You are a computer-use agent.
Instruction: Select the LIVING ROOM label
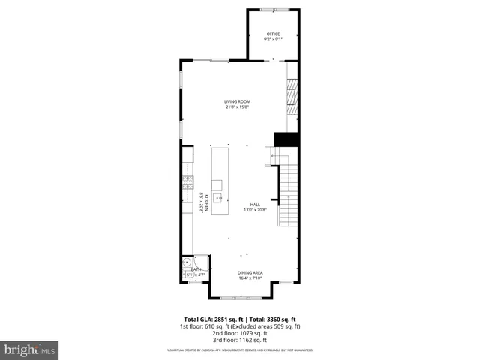point(237,101)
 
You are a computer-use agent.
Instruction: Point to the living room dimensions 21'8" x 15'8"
point(237,107)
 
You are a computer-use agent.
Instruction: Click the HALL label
point(255,205)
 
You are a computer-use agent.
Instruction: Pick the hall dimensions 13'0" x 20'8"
point(255,211)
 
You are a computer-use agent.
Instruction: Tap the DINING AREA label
point(250,272)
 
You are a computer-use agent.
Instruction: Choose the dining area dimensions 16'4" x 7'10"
point(250,278)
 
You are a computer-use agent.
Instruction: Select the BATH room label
point(196,268)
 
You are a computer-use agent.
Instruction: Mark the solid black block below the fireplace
point(286,139)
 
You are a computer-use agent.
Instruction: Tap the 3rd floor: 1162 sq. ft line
point(241,340)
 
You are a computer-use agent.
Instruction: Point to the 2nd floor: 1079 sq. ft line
point(241,333)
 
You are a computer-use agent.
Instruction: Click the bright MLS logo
point(30,349)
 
